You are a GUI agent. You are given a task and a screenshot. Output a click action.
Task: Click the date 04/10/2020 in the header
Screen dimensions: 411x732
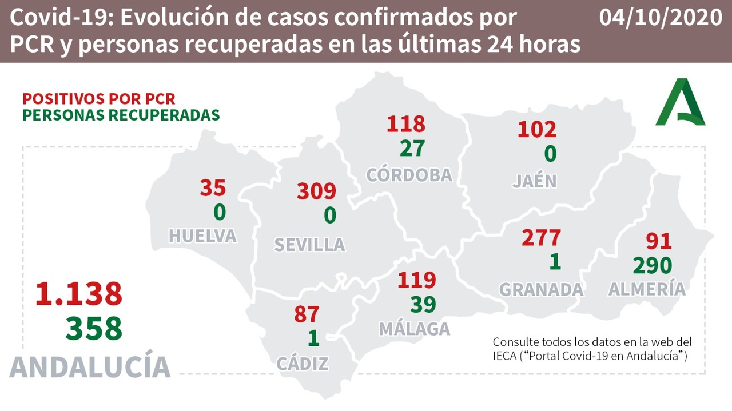tap(661, 18)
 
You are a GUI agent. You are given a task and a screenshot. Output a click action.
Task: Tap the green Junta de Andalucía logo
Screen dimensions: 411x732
tap(681, 103)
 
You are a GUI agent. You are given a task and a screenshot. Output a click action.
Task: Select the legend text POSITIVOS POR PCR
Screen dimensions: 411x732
tap(99, 98)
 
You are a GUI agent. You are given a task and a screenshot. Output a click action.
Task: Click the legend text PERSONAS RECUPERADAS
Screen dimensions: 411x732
tap(121, 114)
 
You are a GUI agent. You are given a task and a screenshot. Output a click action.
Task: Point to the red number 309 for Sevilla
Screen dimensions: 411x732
tap(316, 191)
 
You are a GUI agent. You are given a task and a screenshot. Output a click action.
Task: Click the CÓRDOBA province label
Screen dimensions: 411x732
tap(409, 175)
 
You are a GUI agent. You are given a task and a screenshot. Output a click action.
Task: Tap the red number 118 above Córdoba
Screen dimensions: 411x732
tap(406, 124)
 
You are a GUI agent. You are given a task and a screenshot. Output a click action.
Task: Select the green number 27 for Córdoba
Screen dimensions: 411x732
tap(412, 148)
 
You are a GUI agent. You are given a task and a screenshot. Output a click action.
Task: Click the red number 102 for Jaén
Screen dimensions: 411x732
tap(537, 129)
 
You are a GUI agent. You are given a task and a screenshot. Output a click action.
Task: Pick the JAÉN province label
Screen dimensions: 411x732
tap(534, 181)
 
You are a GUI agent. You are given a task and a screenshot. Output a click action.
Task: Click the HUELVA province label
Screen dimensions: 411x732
tap(202, 236)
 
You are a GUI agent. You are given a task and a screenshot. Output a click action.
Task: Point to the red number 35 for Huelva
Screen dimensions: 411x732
tap(213, 187)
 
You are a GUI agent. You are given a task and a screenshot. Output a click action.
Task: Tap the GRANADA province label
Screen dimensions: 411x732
tap(541, 289)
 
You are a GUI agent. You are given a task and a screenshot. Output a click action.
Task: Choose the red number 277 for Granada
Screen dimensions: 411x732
tap(541, 237)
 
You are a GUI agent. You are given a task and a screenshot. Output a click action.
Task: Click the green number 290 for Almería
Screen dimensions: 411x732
tap(652, 265)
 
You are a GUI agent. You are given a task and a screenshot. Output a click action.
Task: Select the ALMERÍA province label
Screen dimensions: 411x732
tap(646, 289)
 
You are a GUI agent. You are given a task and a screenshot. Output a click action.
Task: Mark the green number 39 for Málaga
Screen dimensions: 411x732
tap(423, 305)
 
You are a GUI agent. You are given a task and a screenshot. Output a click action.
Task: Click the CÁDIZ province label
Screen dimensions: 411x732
tap(303, 363)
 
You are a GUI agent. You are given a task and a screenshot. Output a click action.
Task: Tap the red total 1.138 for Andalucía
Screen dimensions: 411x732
tap(79, 294)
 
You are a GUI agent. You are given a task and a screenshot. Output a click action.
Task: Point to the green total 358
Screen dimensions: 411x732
tap(94, 329)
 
